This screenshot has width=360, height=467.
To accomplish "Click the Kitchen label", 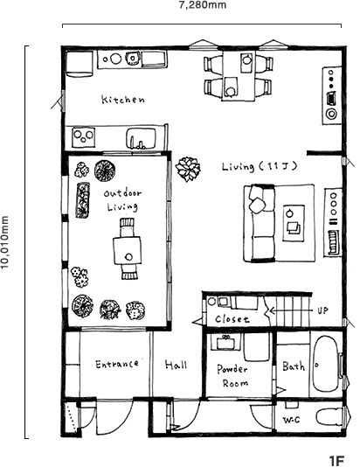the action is [123, 100].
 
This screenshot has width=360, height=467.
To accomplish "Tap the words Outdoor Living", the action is [122, 200].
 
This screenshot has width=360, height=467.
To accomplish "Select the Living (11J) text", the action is [260, 166].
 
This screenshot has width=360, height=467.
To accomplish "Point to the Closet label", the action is [232, 319].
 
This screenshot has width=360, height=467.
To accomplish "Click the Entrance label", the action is [117, 364].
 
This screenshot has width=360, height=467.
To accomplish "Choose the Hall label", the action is [177, 365].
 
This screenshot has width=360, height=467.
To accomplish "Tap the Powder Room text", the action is [232, 375].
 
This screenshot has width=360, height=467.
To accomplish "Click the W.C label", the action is [291, 420].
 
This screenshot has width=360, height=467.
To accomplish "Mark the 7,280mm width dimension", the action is [203, 5].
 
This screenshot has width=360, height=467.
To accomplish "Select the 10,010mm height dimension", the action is [5, 242].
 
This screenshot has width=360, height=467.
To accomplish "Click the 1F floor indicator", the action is [336, 460].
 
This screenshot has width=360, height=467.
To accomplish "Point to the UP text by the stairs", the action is [322, 310].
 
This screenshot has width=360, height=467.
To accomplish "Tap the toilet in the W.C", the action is [329, 417].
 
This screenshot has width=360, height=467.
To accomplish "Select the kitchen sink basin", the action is [142, 138].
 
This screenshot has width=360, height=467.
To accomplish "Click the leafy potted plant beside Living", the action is [188, 169].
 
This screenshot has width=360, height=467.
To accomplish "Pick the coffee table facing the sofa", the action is [294, 223].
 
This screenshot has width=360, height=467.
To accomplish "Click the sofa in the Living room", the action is [260, 223].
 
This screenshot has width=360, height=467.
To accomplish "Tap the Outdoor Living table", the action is [127, 250].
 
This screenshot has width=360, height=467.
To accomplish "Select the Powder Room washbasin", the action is [225, 342].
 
